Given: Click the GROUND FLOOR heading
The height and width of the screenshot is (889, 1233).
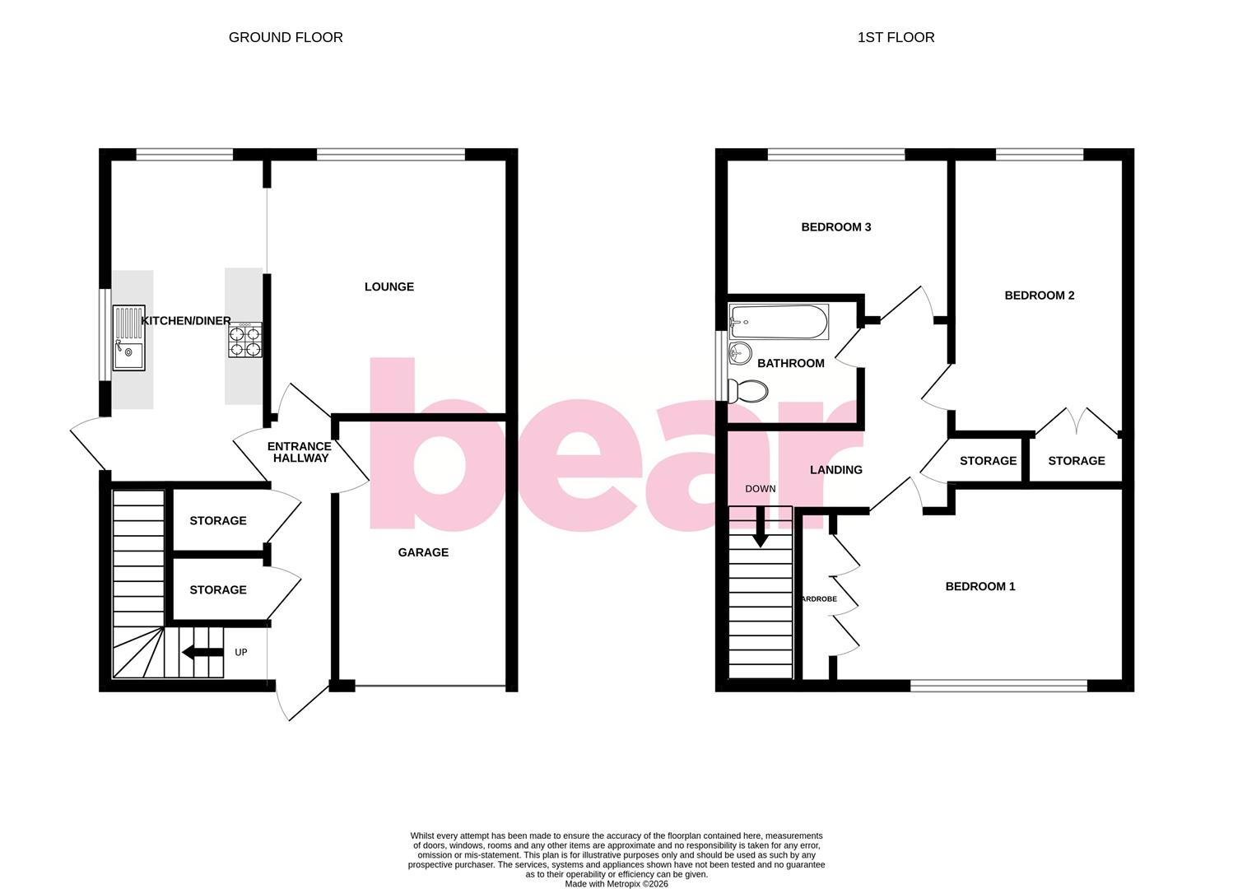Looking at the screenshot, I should (x=286, y=37).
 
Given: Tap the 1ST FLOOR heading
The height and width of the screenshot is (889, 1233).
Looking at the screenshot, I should (x=896, y=37).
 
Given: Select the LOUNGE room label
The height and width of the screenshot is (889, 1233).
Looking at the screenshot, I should (x=389, y=286).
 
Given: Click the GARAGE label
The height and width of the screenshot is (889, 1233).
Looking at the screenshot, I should (x=423, y=552).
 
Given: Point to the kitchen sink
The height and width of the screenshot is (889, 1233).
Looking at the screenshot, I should (x=128, y=337).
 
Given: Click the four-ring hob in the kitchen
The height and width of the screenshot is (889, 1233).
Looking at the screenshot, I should (x=245, y=340).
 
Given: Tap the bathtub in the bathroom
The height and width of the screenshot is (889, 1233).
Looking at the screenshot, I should (x=779, y=322).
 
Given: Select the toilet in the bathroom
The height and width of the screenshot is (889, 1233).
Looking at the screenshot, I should (x=747, y=391).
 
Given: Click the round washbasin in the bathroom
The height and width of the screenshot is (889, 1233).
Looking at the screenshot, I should (x=739, y=354).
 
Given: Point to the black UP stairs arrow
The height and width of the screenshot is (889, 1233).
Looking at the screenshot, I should (x=202, y=653).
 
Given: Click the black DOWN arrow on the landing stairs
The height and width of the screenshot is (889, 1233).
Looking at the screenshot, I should (x=760, y=527).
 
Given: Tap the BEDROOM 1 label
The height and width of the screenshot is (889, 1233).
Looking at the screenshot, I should (x=979, y=586).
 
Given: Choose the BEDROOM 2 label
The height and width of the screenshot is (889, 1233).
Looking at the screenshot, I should (x=1039, y=296).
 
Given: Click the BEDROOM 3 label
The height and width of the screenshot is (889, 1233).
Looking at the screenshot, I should (x=835, y=227).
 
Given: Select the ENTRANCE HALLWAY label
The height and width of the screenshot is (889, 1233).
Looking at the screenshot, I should (x=300, y=452).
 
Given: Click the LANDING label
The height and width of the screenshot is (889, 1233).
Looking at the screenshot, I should (x=835, y=470).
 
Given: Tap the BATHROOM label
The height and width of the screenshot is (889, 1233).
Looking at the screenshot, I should (x=790, y=363).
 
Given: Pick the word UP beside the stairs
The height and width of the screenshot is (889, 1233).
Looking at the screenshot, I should (x=241, y=653).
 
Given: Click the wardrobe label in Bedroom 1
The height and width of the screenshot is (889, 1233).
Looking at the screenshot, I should (x=819, y=599).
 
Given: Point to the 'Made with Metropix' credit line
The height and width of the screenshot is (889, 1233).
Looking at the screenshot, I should (x=616, y=884).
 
